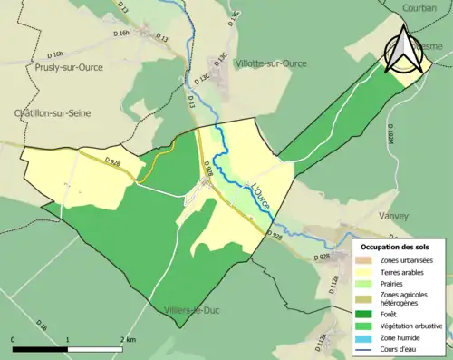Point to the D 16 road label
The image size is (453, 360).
pos(41,323)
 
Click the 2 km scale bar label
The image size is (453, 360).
pos(128,339)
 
